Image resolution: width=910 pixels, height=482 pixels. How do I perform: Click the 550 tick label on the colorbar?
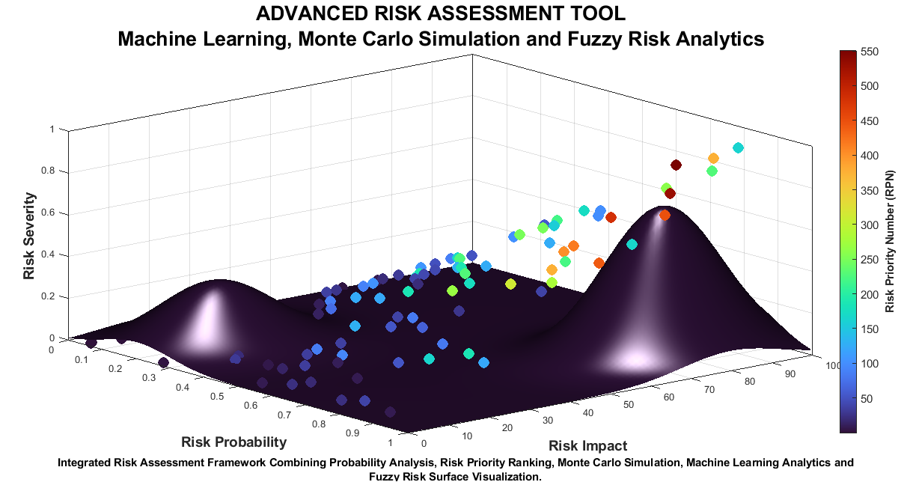pos(870,52)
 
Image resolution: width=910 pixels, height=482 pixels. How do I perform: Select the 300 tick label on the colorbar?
pos(870,225)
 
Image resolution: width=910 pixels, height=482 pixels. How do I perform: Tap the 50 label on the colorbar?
pos(867,399)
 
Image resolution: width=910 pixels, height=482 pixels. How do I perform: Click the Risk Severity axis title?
pos(29,236)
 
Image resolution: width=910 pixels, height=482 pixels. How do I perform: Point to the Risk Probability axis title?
pos(234,442)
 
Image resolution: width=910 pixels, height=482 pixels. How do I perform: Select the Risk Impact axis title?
pos(588,445)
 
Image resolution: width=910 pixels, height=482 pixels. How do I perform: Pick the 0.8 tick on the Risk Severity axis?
pos(48,171)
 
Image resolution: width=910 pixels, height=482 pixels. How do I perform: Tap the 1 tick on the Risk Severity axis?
pos(52,129)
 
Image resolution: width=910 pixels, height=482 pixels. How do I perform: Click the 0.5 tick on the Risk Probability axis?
pos(217,396)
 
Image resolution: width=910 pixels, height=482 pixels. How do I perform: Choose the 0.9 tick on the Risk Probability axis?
pos(352,433)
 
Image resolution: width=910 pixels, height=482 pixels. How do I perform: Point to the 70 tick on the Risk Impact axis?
pos(709,390)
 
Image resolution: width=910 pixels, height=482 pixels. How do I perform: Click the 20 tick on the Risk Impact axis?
pos(507,427)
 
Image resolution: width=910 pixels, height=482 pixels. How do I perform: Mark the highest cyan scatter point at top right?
pos(738,148)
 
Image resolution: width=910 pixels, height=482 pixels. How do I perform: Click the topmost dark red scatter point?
pos(676,165)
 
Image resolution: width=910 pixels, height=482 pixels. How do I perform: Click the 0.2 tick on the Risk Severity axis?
pos(48,296)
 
